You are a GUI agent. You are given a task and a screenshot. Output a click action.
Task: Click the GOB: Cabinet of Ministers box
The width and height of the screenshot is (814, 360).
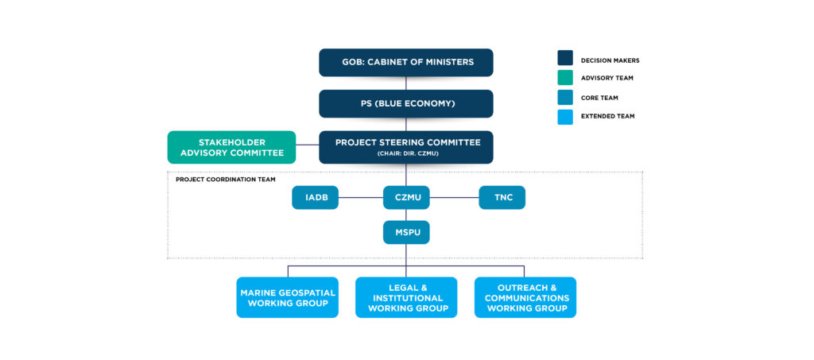point(405,62)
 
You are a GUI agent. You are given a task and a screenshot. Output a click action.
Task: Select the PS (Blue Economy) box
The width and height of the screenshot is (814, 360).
point(405,103)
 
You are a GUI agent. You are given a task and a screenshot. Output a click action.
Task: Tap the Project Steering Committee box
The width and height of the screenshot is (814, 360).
point(405,146)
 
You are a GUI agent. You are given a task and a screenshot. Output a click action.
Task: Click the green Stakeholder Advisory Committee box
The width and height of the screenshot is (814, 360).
point(231,147)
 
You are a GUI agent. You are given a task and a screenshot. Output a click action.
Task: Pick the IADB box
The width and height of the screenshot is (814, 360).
point(315,197)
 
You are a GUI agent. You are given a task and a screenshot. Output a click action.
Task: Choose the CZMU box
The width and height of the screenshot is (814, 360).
point(405,197)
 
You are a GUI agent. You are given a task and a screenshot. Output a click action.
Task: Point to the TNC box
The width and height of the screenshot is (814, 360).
point(502,197)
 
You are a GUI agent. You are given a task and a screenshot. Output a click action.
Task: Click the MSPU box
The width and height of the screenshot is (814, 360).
point(405,232)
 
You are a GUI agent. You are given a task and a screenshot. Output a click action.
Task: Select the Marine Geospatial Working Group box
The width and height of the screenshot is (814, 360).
point(287,297)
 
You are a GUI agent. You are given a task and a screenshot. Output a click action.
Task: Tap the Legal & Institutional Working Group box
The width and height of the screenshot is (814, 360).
point(405,297)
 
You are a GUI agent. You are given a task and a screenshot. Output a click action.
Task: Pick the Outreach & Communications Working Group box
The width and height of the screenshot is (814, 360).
point(525,297)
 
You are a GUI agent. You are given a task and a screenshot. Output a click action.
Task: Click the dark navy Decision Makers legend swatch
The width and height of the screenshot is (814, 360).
point(565,58)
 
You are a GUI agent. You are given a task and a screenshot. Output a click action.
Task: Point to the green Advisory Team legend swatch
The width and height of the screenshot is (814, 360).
point(565,77)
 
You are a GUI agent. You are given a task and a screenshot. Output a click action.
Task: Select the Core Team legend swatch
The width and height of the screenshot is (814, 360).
point(565,97)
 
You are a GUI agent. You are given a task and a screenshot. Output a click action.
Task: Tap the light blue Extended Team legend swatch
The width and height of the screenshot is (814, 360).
point(565,116)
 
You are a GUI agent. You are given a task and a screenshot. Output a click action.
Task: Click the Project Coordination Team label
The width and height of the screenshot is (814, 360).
point(226,180)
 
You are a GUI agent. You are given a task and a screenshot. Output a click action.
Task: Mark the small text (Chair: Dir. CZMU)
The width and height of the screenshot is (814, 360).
point(405,153)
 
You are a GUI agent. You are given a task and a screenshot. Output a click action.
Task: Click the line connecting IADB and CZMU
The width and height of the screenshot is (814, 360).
point(361,197)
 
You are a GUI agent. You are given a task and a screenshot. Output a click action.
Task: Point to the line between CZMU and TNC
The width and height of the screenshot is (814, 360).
point(454,197)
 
